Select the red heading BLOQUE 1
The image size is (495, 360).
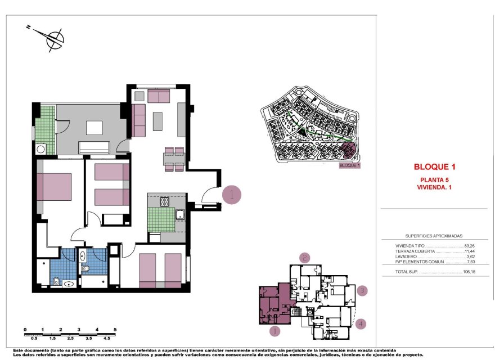coord(434,166)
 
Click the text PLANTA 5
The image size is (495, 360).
coord(434,179)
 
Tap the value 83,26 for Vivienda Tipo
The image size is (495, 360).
coord(470,246)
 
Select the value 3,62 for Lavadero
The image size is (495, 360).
coord(471,256)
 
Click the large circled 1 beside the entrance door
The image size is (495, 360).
coord(232,195)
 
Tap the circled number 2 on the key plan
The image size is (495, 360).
coord(304,258)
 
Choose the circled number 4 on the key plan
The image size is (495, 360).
coord(361,323)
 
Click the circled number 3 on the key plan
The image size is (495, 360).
coord(363,291)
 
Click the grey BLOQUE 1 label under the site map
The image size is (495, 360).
coord(349,166)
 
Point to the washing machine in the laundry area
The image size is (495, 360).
coord(40,150)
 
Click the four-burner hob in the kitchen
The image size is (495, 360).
coord(165,201)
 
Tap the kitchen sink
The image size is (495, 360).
coord(180,214)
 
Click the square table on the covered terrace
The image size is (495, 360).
coord(94,128)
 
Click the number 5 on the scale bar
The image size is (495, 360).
coord(115,330)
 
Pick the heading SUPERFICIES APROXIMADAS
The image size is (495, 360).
coord(434,237)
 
